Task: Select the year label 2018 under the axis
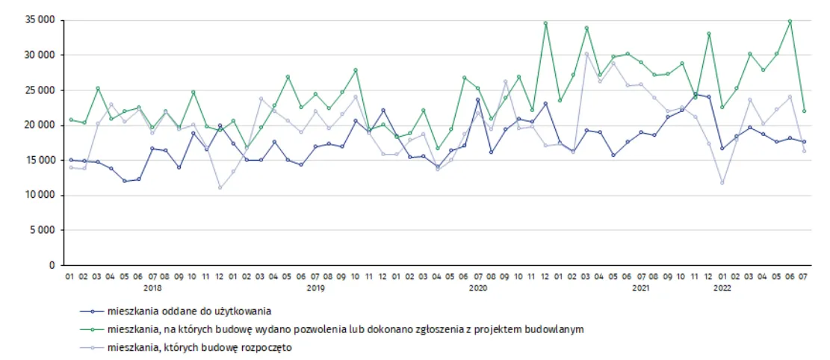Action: (x=152, y=288)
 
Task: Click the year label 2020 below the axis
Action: (x=478, y=288)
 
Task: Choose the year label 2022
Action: (x=722, y=288)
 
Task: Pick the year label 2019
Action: (x=315, y=288)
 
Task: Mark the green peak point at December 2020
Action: (x=545, y=23)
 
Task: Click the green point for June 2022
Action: (x=790, y=22)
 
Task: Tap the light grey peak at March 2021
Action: (x=586, y=54)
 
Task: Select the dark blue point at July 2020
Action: (x=477, y=99)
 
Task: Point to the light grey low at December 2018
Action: (x=220, y=187)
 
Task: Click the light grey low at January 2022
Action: (x=722, y=183)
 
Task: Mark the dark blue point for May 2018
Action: (x=125, y=181)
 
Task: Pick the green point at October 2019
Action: (x=356, y=70)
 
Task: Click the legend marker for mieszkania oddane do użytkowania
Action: (x=92, y=311)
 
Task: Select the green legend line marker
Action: (x=92, y=329)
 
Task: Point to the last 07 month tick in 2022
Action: (x=803, y=276)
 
